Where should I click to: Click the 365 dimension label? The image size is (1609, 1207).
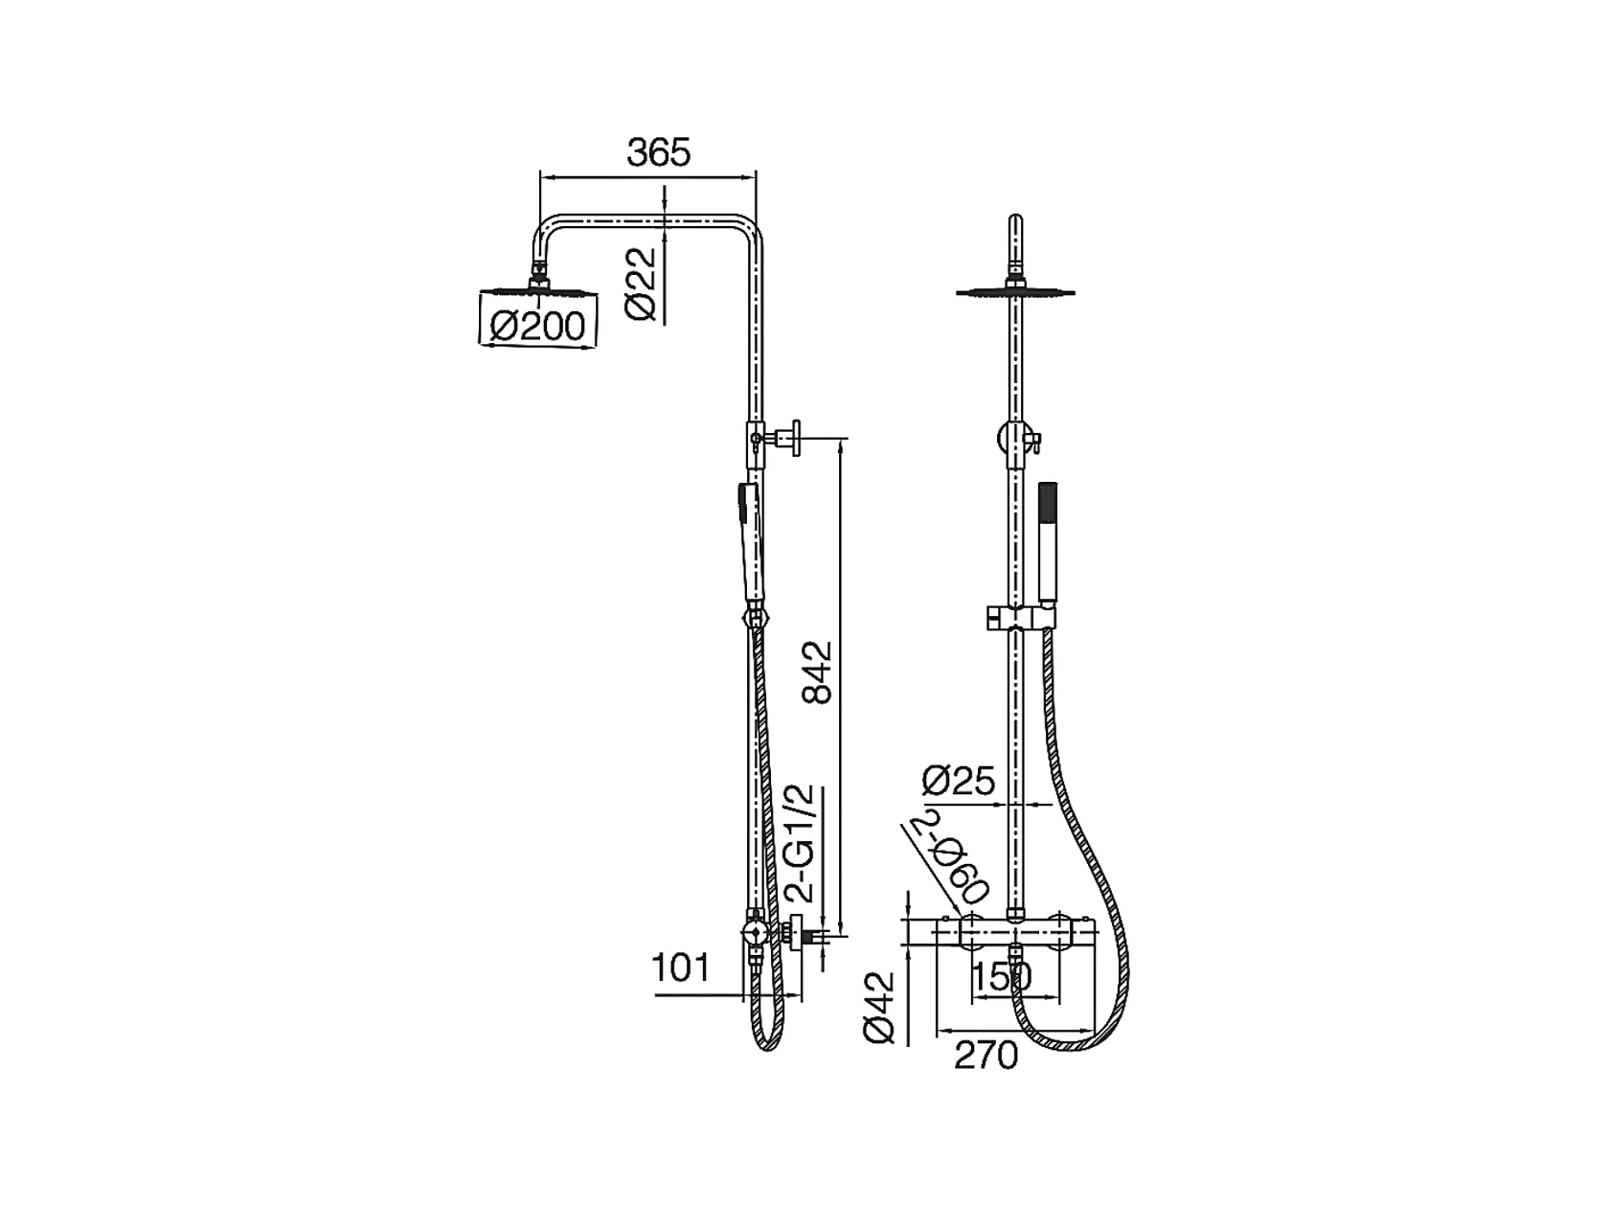(x=658, y=152)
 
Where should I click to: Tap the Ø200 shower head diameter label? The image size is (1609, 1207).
(x=539, y=326)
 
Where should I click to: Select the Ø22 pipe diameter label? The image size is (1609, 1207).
(x=642, y=285)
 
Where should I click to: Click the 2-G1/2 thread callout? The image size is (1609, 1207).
(x=800, y=843)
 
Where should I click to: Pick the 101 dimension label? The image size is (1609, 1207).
(x=681, y=968)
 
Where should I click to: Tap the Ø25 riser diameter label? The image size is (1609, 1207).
(x=959, y=782)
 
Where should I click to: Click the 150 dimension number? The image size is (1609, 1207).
(x=1002, y=976)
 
